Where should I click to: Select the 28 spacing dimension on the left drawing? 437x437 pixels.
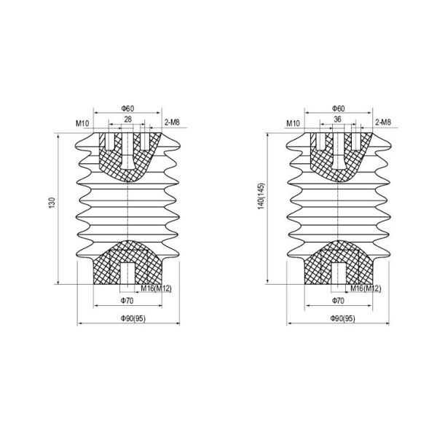(x=127, y=119)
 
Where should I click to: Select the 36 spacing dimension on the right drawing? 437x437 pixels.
(x=337, y=119)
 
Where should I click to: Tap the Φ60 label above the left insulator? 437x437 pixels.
(x=127, y=108)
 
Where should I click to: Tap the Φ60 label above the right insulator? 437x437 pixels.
(x=337, y=108)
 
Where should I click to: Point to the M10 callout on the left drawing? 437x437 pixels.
(x=82, y=123)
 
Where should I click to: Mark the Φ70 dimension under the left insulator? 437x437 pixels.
(x=127, y=300)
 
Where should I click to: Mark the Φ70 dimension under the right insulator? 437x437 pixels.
(x=337, y=300)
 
